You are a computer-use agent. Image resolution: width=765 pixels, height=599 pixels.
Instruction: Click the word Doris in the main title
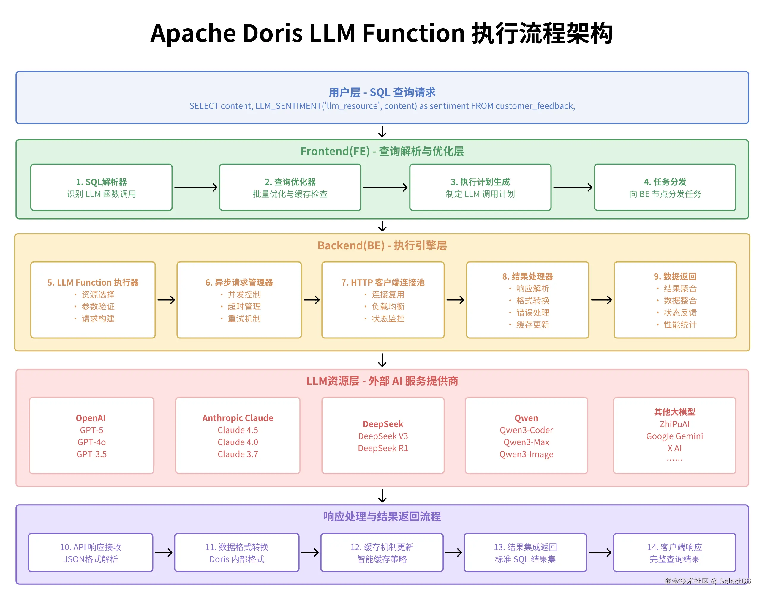click(272, 33)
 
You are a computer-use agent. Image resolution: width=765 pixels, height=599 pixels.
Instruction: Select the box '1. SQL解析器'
click(101, 187)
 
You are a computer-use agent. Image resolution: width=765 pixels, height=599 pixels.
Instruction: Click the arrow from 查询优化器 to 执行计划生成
click(385, 187)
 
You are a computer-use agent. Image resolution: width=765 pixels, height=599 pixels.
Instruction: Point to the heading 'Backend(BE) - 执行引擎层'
click(382, 245)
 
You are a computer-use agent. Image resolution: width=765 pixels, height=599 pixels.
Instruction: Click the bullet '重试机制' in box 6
click(244, 319)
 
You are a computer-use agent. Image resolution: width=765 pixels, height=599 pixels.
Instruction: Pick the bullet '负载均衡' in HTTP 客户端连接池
click(388, 307)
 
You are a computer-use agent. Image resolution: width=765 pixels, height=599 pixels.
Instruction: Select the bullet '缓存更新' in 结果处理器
click(532, 324)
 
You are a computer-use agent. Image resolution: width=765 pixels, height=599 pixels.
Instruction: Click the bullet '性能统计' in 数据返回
click(680, 324)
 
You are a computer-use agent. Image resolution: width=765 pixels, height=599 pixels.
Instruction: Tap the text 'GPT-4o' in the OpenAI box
click(91, 442)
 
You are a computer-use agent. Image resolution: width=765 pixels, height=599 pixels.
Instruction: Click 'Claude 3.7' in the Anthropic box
click(238, 454)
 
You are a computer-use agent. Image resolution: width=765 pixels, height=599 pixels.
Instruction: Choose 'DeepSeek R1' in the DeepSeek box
click(383, 448)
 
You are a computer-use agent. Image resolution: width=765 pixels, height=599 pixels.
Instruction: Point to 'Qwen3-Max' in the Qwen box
click(526, 442)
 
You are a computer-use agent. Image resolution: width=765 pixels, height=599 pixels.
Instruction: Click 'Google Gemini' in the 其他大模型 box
click(674, 436)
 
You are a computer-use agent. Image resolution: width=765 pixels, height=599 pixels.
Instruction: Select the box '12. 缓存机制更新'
click(382, 552)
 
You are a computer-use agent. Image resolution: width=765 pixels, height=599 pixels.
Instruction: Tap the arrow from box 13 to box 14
click(600, 552)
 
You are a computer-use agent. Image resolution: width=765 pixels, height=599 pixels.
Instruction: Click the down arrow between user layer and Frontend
click(382, 132)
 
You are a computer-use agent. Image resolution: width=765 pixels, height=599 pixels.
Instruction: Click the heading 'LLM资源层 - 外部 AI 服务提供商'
click(382, 381)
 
